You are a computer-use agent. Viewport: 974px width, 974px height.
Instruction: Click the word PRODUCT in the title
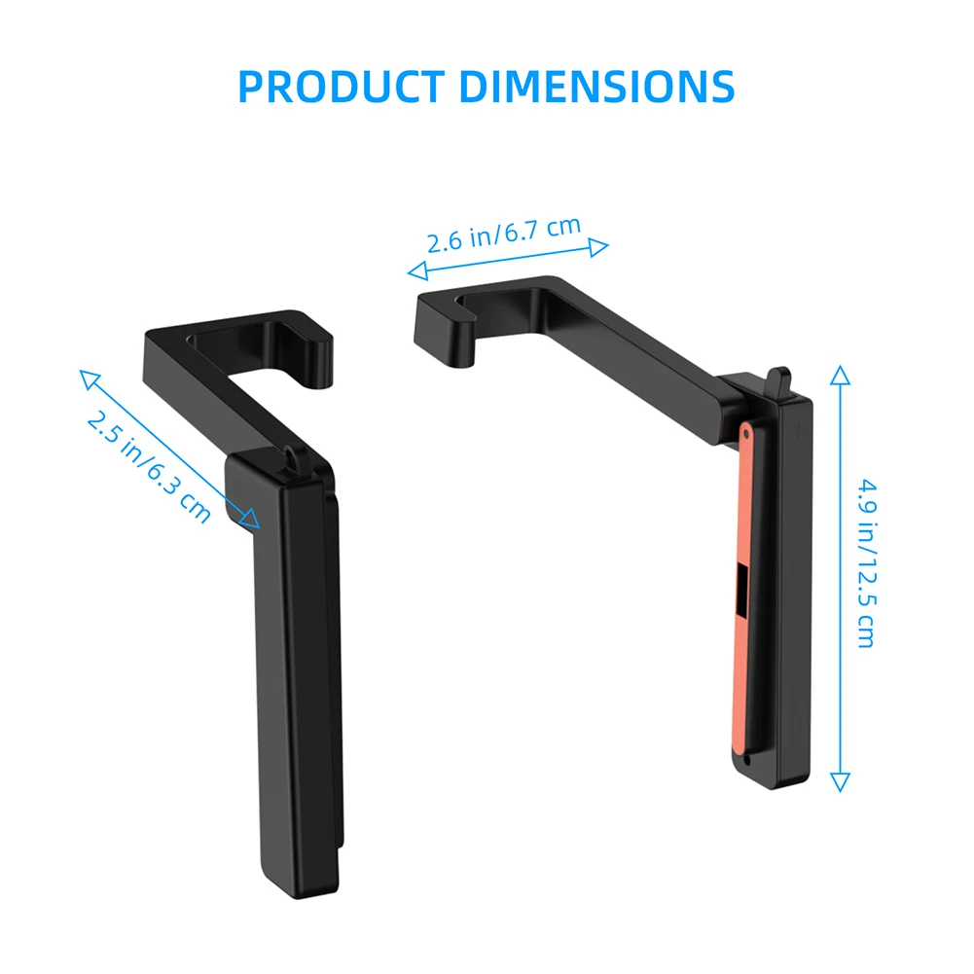point(344,87)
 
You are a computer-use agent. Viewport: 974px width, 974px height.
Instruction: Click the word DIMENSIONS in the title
point(596,87)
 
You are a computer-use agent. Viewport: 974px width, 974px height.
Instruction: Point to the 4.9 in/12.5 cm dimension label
point(865,561)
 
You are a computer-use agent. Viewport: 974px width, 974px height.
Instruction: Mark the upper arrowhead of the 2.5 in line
point(86,376)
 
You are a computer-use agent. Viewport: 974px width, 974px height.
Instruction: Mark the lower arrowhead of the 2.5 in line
point(254,523)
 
